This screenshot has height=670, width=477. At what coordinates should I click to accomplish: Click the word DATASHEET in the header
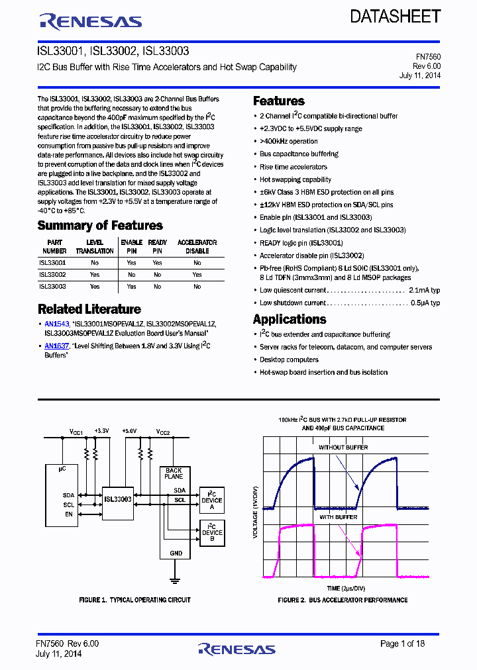[x=396, y=17]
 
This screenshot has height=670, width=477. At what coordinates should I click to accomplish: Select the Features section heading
[x=279, y=101]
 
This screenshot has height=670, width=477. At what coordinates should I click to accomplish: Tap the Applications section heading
[x=290, y=319]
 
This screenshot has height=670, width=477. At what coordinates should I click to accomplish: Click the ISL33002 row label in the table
[x=52, y=274]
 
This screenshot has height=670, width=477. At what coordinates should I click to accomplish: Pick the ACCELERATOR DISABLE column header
[x=197, y=247]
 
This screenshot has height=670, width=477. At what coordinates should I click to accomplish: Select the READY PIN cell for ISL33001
[x=157, y=263]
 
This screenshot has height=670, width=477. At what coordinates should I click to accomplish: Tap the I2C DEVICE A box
[x=212, y=501]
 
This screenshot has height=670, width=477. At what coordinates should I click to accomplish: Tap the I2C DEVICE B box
[x=212, y=533]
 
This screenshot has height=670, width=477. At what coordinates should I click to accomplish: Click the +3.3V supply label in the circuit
[x=101, y=431]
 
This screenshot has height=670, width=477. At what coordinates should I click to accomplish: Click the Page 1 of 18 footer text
[x=402, y=644]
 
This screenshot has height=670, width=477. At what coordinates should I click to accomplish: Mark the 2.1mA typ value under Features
[x=425, y=290]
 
